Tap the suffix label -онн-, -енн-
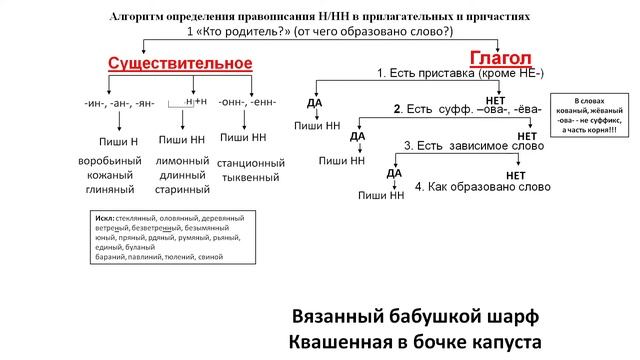tap(247, 102)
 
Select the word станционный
tap(251, 162)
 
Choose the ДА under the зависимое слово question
tap(394, 173)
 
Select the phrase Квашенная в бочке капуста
tap(414, 342)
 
